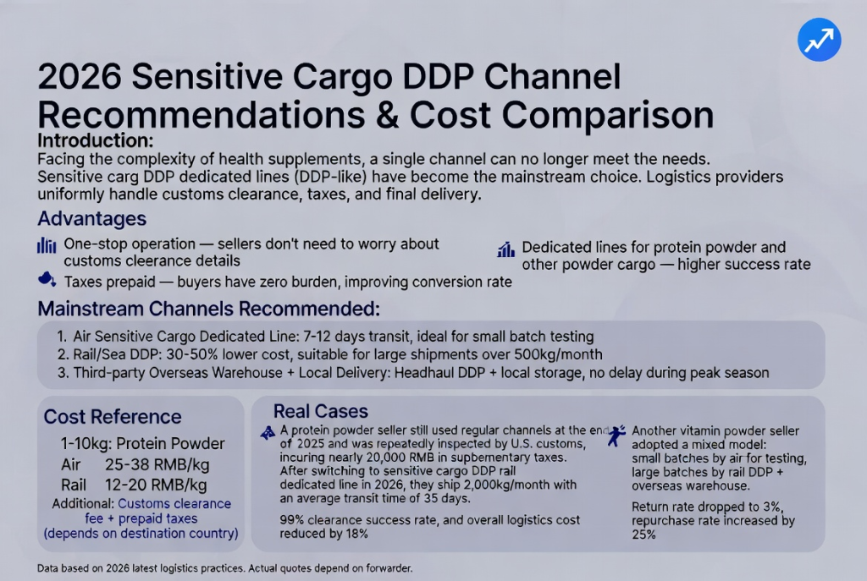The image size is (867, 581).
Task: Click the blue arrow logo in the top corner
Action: [819, 39]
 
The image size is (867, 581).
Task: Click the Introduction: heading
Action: [95, 141]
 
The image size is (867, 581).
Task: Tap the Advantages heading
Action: [91, 219]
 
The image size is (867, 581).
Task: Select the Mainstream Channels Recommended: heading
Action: [208, 309]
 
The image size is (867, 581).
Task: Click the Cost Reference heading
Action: [113, 417]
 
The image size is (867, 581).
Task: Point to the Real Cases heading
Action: [321, 412]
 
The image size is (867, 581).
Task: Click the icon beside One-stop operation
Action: [47, 245]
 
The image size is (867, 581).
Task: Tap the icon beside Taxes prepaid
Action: [47, 279]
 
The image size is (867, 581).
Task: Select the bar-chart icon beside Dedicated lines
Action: [506, 249]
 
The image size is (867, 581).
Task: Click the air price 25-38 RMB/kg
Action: [157, 465]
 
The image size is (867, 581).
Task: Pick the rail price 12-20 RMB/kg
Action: [156, 485]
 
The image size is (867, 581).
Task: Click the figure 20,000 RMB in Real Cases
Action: [373, 458]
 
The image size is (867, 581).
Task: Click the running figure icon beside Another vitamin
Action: [616, 436]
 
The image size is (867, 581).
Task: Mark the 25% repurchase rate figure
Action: [643, 534]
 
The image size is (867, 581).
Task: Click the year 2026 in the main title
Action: [80, 76]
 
